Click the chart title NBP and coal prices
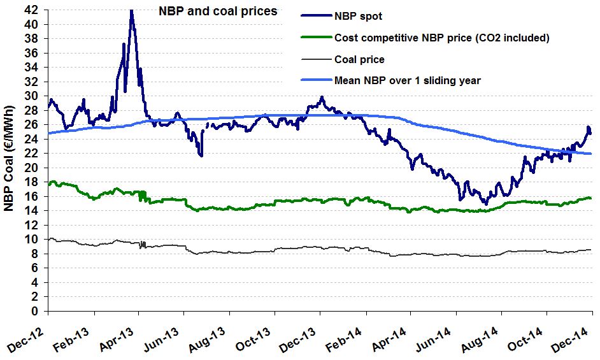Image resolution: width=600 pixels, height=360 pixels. tap(217, 11)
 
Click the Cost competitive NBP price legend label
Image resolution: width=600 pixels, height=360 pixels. tap(441, 38)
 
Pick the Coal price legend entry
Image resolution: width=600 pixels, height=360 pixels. tap(359, 59)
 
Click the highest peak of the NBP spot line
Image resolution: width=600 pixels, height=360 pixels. tap(131, 11)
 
